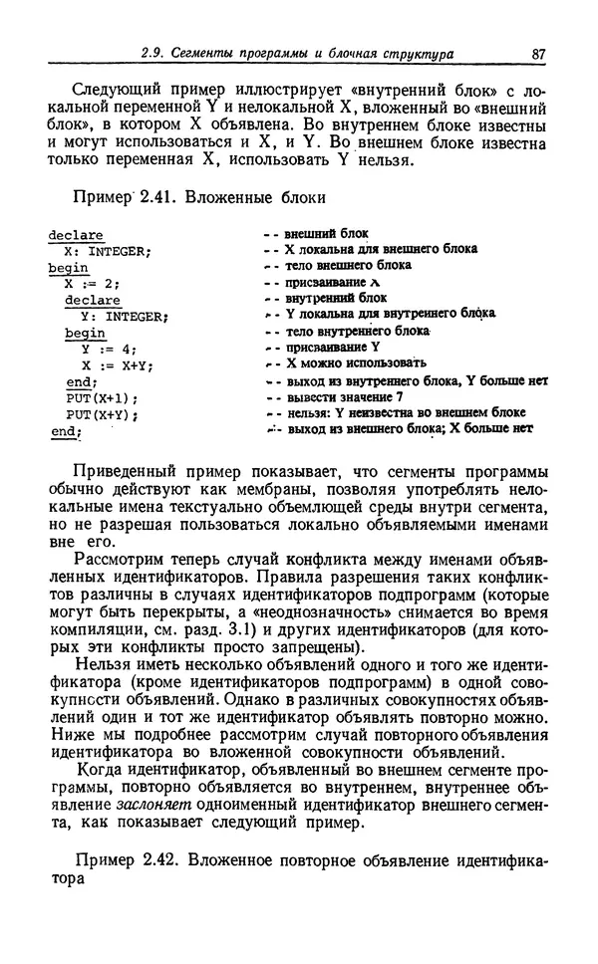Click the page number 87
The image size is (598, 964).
tap(538, 53)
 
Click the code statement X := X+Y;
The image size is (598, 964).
tap(117, 365)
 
